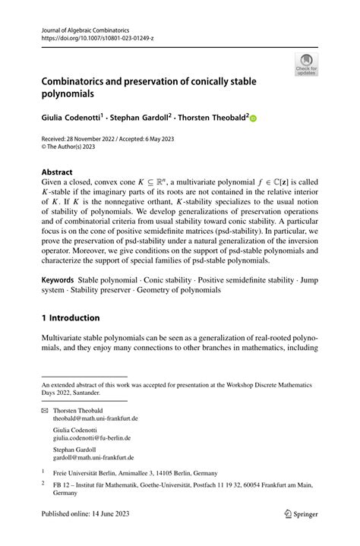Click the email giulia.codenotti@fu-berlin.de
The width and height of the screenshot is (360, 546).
91,438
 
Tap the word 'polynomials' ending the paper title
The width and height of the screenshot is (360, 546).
77,96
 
